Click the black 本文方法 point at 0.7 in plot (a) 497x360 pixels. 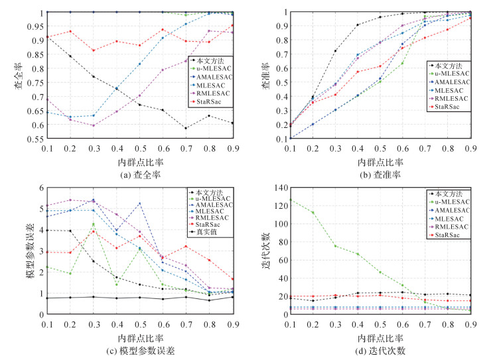(186, 128)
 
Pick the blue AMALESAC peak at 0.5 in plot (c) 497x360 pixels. (139, 204)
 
